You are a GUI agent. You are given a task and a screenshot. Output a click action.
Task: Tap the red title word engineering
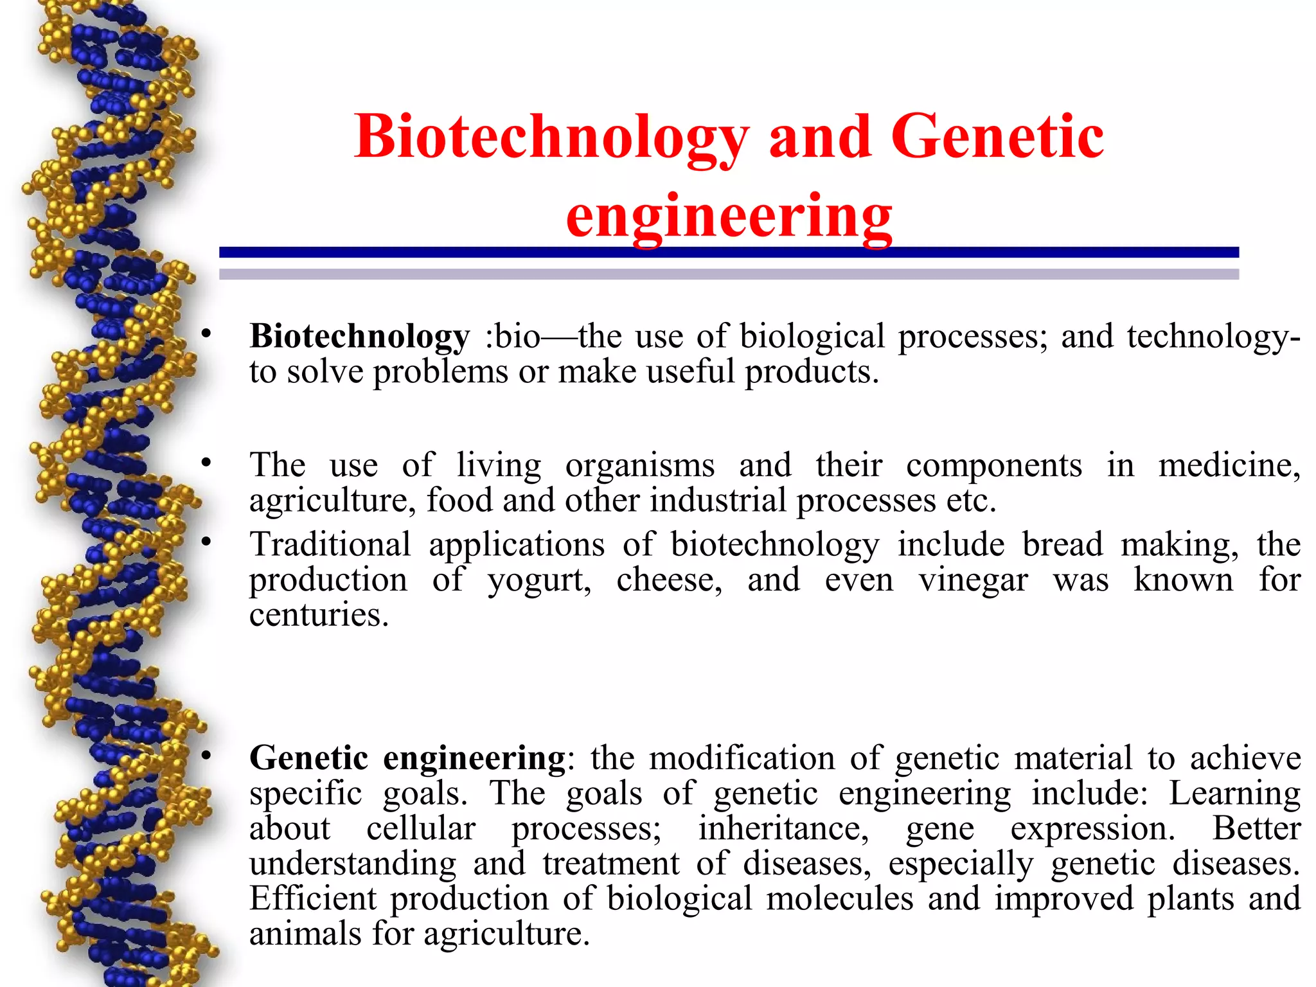point(729,216)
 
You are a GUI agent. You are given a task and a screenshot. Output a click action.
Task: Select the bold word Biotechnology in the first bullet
point(360,336)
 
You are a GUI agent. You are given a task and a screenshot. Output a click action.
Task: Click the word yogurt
point(539,580)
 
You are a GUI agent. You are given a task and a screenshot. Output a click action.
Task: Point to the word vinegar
point(973,580)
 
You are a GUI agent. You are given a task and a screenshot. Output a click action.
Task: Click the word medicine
point(1229,465)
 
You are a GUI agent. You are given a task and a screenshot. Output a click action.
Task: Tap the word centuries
point(319,615)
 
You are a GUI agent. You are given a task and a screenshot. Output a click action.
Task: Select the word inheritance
point(783,828)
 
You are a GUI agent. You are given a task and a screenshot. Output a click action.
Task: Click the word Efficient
point(313,898)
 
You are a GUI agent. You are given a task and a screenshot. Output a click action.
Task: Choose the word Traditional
point(330,544)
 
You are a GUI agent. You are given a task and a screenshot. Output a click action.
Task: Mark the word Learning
point(1234,793)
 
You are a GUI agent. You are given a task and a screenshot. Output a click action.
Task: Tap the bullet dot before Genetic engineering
point(206,756)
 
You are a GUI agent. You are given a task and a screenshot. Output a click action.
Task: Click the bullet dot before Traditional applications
point(206,542)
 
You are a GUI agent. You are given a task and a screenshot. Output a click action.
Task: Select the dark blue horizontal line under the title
point(729,253)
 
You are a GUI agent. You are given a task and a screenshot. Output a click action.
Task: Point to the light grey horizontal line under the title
point(729,274)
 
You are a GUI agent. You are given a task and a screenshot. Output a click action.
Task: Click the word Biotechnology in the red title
point(551,138)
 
